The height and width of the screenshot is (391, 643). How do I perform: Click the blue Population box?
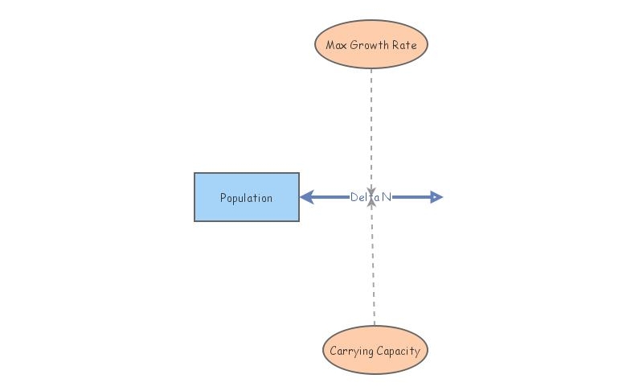tap(246, 196)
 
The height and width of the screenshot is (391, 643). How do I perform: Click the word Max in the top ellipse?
tap(336, 45)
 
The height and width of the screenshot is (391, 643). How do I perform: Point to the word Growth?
tap(368, 45)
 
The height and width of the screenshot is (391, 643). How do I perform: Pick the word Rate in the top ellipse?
tap(404, 45)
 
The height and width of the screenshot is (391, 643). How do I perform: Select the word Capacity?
tap(399, 351)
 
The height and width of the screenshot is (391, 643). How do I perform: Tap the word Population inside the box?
tap(246, 198)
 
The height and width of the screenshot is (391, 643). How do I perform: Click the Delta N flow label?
tap(371, 197)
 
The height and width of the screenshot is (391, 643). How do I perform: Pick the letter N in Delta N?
tap(386, 197)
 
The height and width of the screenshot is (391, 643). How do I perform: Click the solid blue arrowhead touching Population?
tap(305, 197)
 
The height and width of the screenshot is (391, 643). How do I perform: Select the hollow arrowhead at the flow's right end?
tap(436, 197)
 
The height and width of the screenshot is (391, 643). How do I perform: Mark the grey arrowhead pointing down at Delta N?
tap(371, 190)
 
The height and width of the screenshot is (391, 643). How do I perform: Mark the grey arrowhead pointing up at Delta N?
tap(371, 204)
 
